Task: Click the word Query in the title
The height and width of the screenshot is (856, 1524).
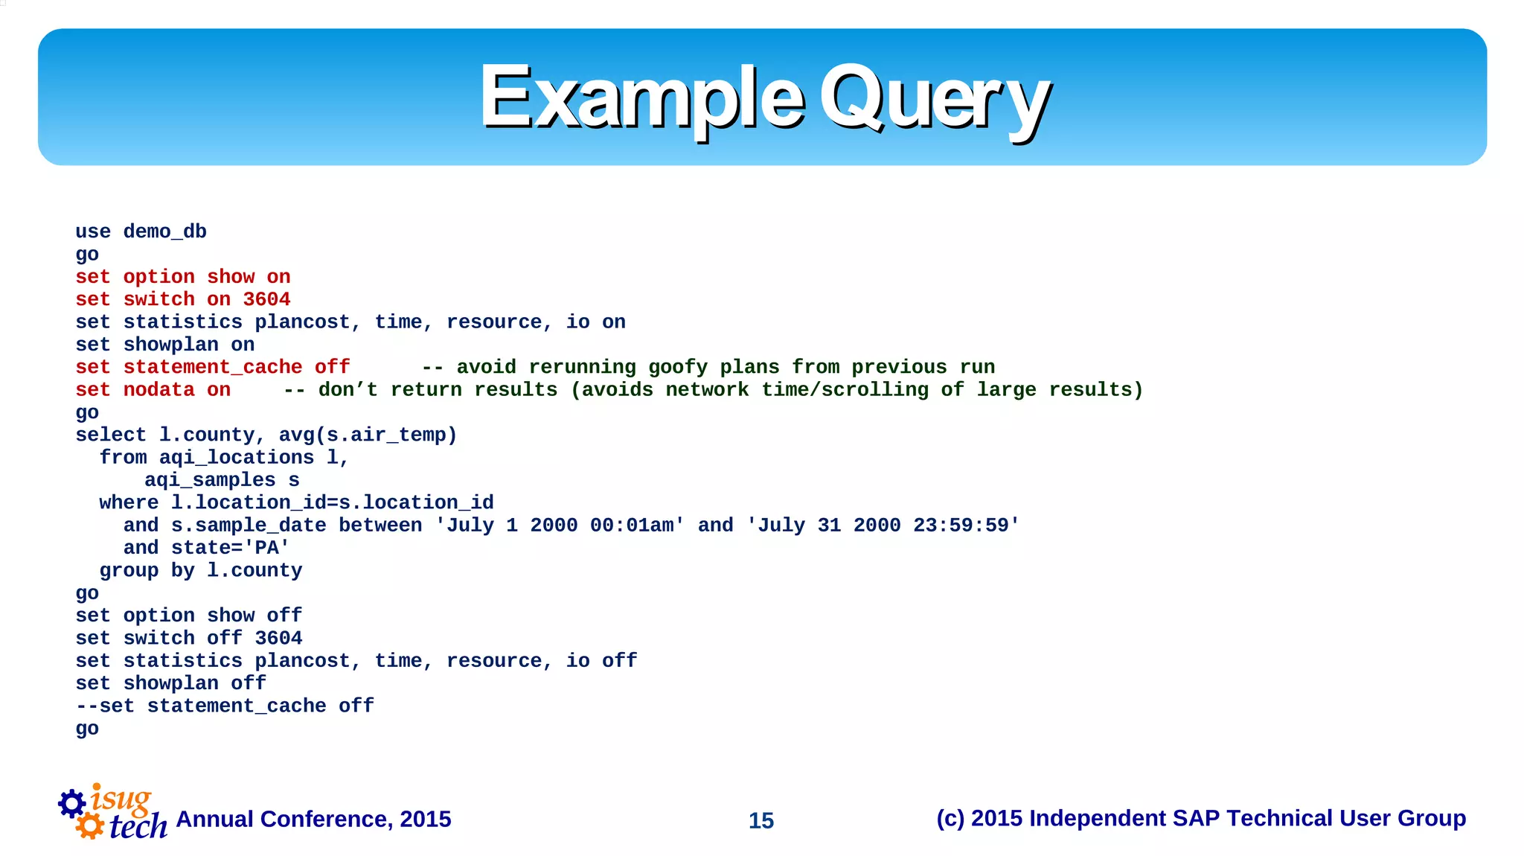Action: pos(935,99)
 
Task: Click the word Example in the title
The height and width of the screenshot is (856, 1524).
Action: pos(641,99)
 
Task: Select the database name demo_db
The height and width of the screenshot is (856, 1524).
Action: pos(164,231)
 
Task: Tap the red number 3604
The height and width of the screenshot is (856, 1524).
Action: pos(266,299)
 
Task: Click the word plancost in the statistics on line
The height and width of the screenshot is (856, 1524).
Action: pos(302,322)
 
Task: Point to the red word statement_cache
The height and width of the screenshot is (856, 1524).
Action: pos(213,367)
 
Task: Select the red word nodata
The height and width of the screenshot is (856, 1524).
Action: pos(159,390)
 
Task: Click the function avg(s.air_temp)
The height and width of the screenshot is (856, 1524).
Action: pos(368,435)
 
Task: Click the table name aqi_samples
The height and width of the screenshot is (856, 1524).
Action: pos(210,480)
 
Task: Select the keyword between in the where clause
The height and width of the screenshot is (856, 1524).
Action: pos(380,526)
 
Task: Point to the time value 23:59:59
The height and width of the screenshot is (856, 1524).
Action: pos(961,526)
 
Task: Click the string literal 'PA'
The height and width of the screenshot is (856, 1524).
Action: pos(266,548)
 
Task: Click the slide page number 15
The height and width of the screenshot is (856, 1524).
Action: pos(761,820)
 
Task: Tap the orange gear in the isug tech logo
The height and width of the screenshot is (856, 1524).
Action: pos(90,825)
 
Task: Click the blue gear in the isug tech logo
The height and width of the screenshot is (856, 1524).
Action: pos(72,803)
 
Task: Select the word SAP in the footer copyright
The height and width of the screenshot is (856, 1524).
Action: pos(1196,818)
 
